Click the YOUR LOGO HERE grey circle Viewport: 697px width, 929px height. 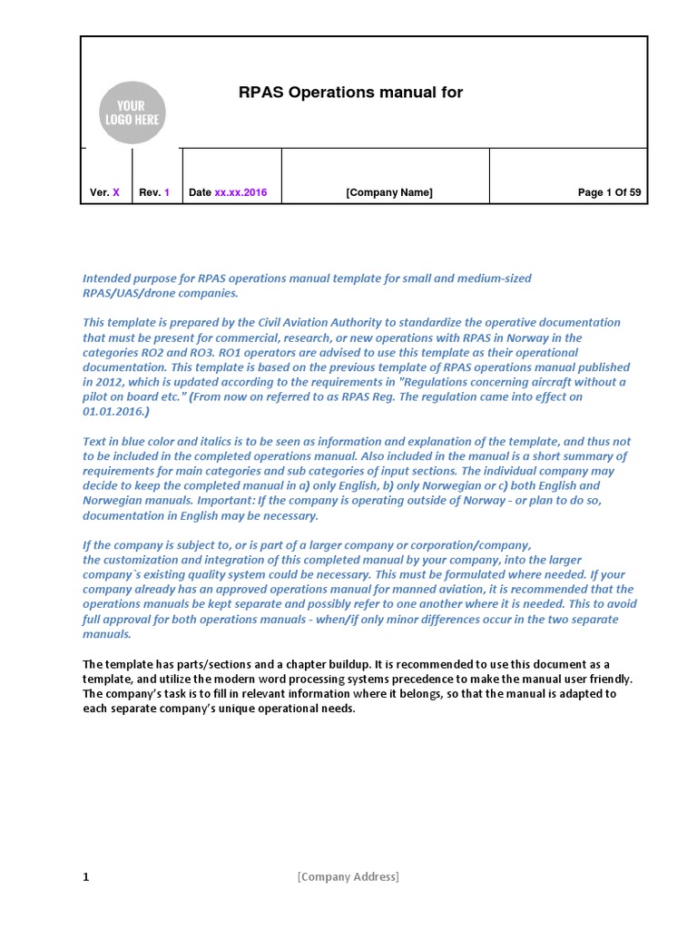133,112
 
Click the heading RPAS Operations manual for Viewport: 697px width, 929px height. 350,93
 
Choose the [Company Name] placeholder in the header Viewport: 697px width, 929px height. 389,192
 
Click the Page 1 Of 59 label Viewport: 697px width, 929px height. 609,192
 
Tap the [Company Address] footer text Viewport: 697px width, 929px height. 348,876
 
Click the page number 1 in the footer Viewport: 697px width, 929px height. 86,876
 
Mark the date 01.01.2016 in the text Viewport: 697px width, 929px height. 111,411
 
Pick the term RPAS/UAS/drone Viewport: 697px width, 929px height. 127,293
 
